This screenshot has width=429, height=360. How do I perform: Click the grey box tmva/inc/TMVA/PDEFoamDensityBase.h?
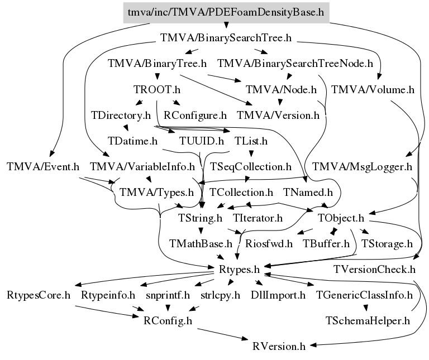tap(226, 13)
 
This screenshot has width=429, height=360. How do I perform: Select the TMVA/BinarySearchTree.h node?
tap(226, 38)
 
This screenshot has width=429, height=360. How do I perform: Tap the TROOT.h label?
tap(157, 90)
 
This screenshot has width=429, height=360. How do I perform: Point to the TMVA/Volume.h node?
tap(373, 90)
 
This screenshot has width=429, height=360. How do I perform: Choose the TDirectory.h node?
tap(121, 116)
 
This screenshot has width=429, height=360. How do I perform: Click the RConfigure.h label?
tap(195, 116)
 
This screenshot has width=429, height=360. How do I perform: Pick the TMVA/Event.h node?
tap(43, 167)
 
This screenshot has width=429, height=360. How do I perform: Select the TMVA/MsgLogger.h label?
tap(362, 167)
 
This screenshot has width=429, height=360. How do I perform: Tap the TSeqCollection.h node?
tap(251, 167)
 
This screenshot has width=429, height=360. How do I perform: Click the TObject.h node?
tap(341, 218)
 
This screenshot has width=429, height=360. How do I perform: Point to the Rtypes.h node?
tap(239, 270)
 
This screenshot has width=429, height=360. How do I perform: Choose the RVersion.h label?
tap(279, 347)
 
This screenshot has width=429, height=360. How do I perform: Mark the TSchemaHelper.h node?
tap(368, 321)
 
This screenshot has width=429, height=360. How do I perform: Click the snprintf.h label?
tap(168, 295)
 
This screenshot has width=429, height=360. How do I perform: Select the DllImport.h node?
tap(278, 295)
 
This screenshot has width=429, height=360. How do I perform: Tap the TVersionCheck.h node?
tap(374, 270)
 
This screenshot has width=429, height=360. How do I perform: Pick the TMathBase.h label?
tap(201, 244)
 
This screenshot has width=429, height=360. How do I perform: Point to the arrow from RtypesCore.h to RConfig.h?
tap(107, 311)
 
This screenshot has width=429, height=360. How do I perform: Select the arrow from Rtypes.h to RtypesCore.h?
tap(144, 278)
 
